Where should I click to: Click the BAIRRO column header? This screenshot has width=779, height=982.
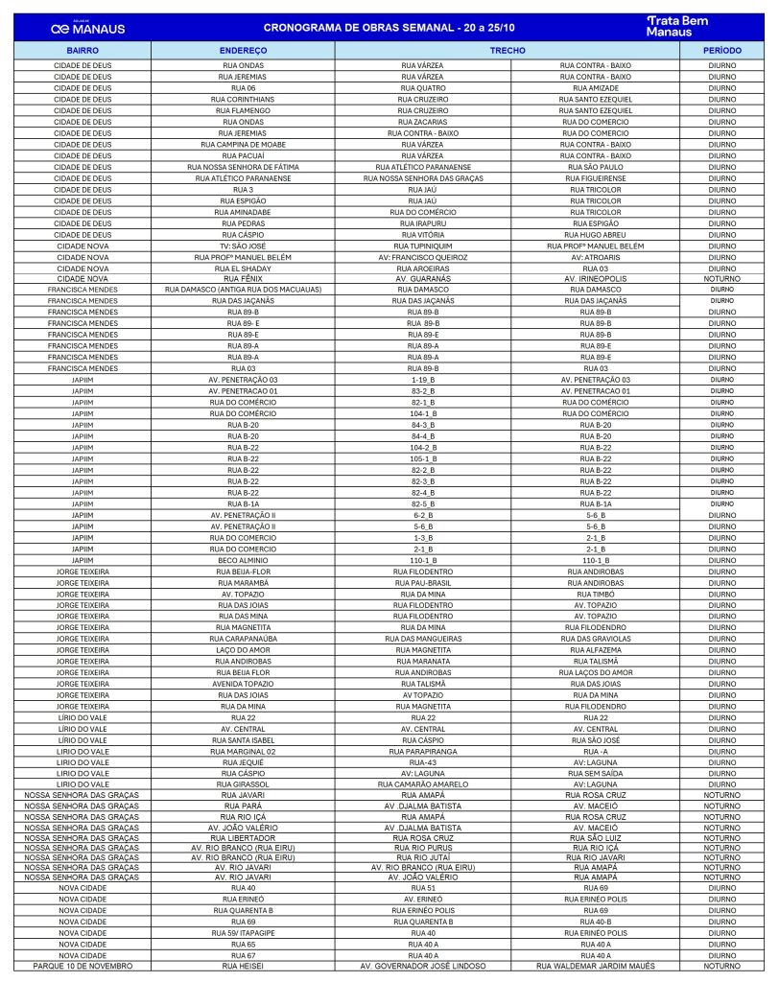click(x=83, y=48)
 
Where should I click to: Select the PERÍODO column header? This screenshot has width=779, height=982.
click(x=721, y=48)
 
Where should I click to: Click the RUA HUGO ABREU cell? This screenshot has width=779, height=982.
click(x=596, y=234)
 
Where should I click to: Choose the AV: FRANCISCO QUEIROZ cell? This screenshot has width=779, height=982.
click(x=422, y=257)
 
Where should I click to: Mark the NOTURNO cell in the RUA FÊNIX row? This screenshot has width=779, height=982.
click(x=721, y=279)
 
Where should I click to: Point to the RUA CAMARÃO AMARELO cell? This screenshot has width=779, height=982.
click(x=422, y=783)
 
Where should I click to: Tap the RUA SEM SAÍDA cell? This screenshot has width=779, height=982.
click(x=596, y=772)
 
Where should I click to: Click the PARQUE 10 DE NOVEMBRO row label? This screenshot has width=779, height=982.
click(x=83, y=966)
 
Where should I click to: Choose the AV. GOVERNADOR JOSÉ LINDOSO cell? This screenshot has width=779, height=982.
click(x=422, y=966)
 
